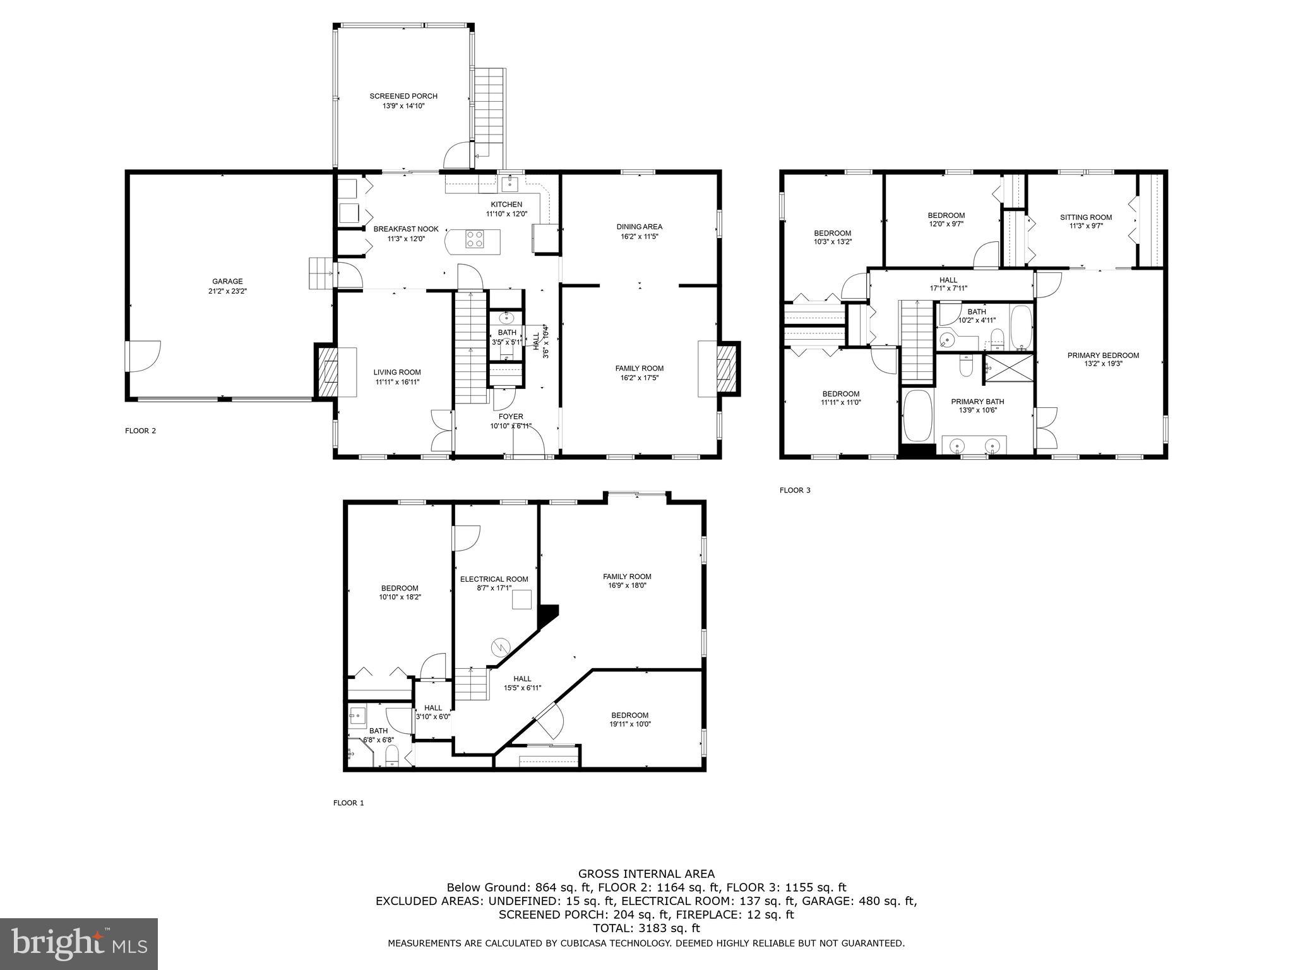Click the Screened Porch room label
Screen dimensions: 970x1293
(x=403, y=96)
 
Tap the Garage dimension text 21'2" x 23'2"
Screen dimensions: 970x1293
(x=227, y=291)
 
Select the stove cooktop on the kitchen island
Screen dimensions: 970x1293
(x=475, y=239)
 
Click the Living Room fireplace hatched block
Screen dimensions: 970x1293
(x=328, y=372)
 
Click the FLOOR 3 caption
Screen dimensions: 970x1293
(x=794, y=490)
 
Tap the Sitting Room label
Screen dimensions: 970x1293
(x=1085, y=217)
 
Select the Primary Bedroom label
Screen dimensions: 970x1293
(x=1102, y=356)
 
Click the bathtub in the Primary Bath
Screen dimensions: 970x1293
(x=917, y=416)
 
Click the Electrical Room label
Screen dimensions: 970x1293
(x=494, y=579)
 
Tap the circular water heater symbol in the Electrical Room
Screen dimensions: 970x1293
(x=501, y=647)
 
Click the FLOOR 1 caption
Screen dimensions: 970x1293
(x=349, y=803)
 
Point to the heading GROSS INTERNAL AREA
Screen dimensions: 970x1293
(x=646, y=874)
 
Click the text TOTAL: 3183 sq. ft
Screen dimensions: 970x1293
(x=646, y=928)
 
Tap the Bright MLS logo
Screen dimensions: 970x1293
(x=79, y=943)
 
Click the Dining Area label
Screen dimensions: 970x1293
(x=639, y=227)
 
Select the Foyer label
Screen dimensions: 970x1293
(x=510, y=417)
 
